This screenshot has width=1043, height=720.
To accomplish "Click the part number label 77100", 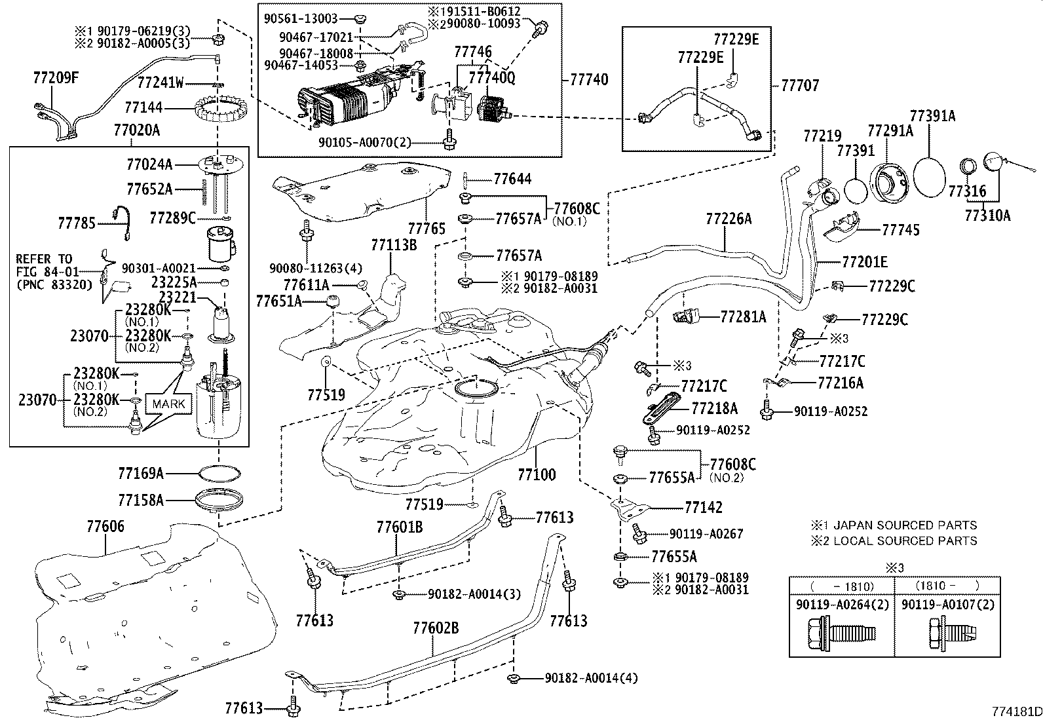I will pos(536,474).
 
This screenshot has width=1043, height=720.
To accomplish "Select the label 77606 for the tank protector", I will pos(105,526).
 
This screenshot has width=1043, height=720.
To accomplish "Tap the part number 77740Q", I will pos(491,78).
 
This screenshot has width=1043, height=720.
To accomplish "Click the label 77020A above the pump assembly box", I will pos(136,130).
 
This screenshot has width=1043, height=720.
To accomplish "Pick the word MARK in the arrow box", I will pos(169,404).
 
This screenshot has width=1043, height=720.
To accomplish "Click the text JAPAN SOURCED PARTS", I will pos(903,525).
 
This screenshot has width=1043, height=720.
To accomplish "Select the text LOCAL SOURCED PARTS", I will pos(903,541).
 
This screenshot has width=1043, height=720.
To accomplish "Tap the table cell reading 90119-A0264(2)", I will pos(842,605).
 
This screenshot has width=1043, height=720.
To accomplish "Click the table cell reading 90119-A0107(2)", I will pos(947,605).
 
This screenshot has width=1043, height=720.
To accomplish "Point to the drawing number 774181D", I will pos(1015,711).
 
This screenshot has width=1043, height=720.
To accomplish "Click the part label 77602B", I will pos(436,628).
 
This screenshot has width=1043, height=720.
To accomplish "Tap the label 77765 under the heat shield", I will pos(427,229).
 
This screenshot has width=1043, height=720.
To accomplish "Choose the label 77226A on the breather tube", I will pos(729,219).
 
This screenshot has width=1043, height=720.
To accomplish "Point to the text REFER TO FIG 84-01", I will pos(44,265).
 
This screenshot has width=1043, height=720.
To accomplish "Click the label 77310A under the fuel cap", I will pos(987,215).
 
